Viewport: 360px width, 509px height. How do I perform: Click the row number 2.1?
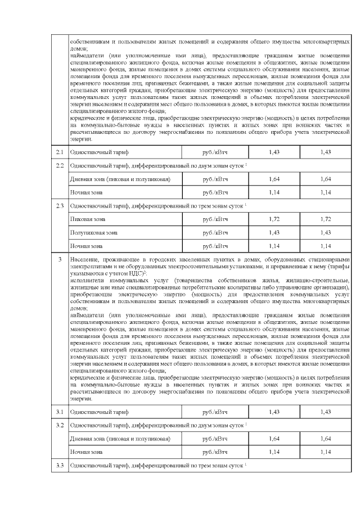[60, 152]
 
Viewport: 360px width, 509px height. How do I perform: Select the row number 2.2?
[60, 166]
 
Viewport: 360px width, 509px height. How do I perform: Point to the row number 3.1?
[60, 412]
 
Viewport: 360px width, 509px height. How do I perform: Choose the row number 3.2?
[60, 425]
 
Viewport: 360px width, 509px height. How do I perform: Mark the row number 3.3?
[60, 465]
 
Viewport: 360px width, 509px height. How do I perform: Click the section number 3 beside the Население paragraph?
[60, 259]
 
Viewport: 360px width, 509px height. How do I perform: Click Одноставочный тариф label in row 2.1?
[99, 152]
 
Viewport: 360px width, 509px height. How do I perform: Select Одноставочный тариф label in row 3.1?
[99, 412]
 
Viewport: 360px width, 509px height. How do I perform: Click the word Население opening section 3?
[84, 259]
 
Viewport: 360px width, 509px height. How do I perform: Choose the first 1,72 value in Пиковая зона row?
[274, 219]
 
